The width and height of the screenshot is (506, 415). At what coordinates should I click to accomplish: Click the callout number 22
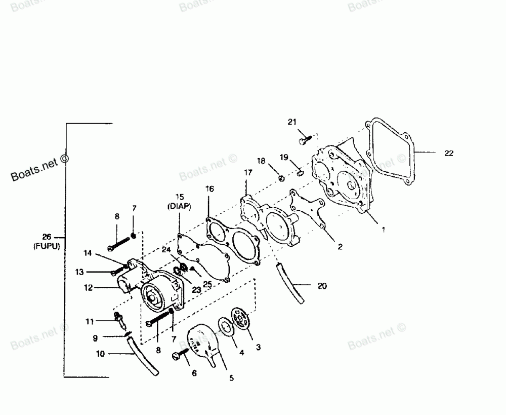449,154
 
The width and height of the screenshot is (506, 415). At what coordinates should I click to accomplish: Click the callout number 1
383,230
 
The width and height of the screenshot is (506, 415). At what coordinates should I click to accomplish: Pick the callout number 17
247,173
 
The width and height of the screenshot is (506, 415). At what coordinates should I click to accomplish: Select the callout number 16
209,188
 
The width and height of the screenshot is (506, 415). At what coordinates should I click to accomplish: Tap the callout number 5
231,378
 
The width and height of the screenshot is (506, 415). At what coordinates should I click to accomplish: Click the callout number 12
89,288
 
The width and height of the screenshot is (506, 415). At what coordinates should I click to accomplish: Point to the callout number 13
79,272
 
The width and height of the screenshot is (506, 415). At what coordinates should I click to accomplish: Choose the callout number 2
340,247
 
